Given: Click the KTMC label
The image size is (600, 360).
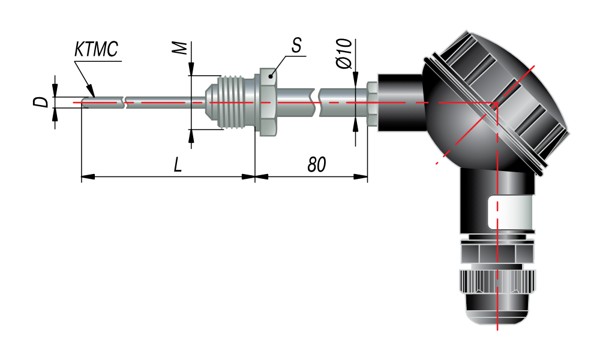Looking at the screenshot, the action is [x=96, y=49].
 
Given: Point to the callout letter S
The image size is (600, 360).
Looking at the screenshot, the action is [x=296, y=45].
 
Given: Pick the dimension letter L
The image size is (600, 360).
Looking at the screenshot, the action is [x=178, y=165].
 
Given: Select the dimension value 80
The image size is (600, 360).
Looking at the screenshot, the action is [x=316, y=164].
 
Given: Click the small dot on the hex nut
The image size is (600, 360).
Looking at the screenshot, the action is [x=270, y=76].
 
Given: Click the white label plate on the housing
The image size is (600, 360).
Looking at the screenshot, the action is [x=511, y=212].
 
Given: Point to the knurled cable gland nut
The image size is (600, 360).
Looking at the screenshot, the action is [x=497, y=281].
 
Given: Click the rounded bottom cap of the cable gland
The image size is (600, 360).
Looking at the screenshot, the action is [x=497, y=310].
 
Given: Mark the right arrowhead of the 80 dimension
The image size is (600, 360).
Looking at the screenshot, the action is [x=361, y=177].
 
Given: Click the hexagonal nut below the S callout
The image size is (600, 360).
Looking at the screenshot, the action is [x=268, y=102].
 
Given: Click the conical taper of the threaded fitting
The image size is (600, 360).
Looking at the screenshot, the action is [x=211, y=102].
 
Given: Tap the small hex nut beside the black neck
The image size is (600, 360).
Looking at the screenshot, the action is [x=372, y=103].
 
